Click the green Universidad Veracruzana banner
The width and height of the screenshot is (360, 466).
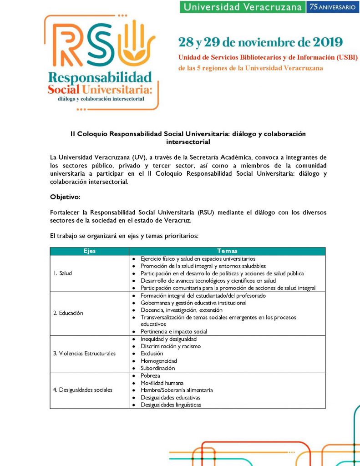tap(242, 7)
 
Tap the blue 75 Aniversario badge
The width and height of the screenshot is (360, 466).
tap(332, 7)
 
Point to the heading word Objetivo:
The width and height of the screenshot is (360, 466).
tap(65, 197)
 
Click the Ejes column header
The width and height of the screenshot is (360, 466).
tap(90, 251)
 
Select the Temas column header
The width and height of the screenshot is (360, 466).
tap(227, 251)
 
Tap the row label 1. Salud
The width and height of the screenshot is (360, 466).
tap(63, 273)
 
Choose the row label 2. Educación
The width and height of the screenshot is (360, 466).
tap(68, 313)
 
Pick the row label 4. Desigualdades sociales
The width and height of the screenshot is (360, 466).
tap(82, 390)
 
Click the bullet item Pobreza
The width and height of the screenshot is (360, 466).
tap(150, 375)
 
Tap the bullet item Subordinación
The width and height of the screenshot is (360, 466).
tap(157, 368)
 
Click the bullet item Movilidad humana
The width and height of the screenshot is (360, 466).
tap(162, 383)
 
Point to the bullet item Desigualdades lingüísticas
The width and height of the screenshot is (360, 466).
tap(171, 405)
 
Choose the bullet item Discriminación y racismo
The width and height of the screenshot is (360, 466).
tap(171, 346)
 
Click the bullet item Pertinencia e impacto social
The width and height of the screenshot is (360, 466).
tap(174, 331)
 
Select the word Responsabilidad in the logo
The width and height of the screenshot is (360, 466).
tap(100, 76)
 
